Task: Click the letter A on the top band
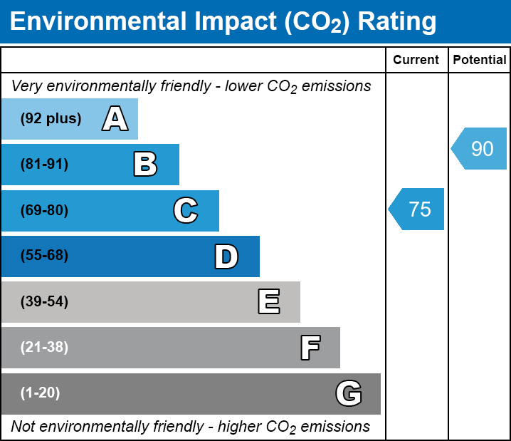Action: pyautogui.click(x=115, y=119)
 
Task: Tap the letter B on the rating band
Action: pyautogui.click(x=145, y=165)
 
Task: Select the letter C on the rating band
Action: pyautogui.click(x=185, y=210)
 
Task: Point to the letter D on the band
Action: pyautogui.click(x=226, y=256)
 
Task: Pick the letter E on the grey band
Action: pyautogui.click(x=268, y=302)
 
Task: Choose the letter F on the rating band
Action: pyautogui.click(x=310, y=348)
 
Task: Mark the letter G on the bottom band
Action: pyautogui.click(x=349, y=393)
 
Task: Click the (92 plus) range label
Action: pyautogui.click(x=51, y=119)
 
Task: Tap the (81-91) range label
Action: pyautogui.click(x=44, y=165)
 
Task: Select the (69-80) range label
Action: pyautogui.click(x=44, y=210)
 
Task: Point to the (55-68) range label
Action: pyautogui.click(x=44, y=256)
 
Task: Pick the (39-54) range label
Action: pyautogui.click(x=44, y=302)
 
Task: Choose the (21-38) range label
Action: pyautogui.click(x=44, y=348)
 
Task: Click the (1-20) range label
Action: pyautogui.click(x=41, y=393)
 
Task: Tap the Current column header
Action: pyautogui.click(x=416, y=61)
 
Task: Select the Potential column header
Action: pyautogui.click(x=480, y=61)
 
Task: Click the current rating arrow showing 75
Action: pyautogui.click(x=418, y=209)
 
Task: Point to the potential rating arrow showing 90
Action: pyautogui.click(x=480, y=149)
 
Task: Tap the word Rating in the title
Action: pyautogui.click(x=397, y=22)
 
